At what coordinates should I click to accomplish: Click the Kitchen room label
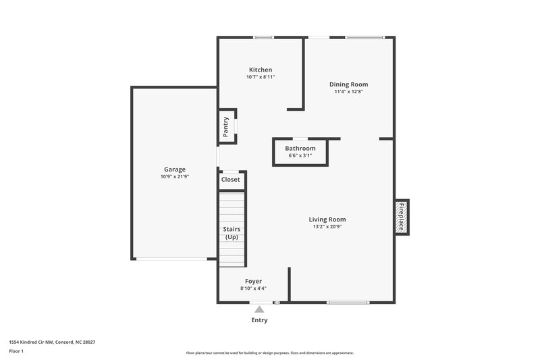[x=261, y=70]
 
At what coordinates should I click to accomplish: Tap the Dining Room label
[x=348, y=84]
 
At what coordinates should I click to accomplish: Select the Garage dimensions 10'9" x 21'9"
[x=174, y=177]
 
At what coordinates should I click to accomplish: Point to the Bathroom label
[x=300, y=148]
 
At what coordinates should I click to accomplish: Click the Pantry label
[x=226, y=126]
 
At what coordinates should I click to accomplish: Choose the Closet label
[x=231, y=180]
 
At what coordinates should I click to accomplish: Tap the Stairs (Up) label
[x=232, y=233]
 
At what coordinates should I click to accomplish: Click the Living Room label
[x=327, y=219]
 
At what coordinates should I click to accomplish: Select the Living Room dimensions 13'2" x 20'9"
[x=327, y=227]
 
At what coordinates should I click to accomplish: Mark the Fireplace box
[x=402, y=217]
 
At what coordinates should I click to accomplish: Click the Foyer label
[x=253, y=281]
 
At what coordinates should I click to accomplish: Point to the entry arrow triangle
[x=259, y=309]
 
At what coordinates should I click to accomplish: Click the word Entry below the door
[x=259, y=320]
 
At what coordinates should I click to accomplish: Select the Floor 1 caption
[x=16, y=352]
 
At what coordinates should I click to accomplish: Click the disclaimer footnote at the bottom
[x=269, y=353]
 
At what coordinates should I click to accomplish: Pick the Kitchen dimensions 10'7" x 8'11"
[x=261, y=77]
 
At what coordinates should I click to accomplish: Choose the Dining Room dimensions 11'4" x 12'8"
[x=348, y=92]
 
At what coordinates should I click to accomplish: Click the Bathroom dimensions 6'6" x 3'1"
[x=300, y=155]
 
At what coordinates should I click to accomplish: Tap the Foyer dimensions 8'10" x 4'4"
[x=253, y=288]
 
